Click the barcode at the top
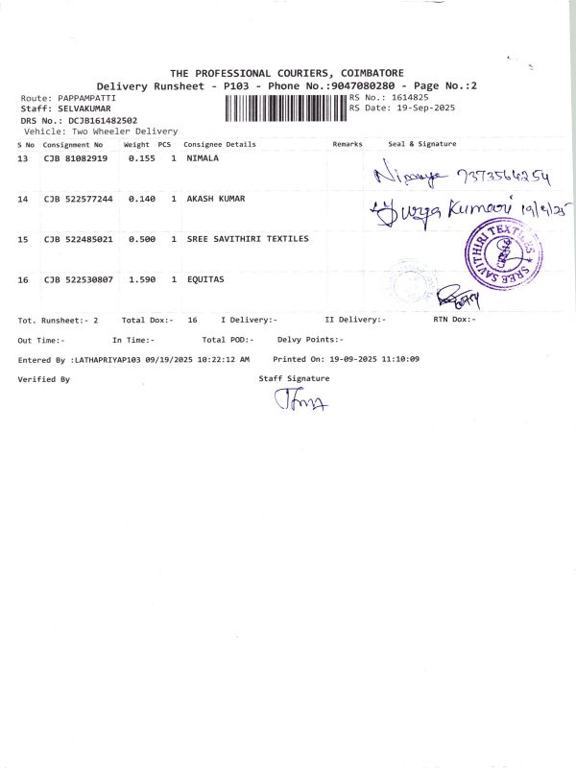(285, 106)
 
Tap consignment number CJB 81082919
(76, 157)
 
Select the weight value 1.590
(141, 279)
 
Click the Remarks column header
(348, 144)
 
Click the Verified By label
(44, 379)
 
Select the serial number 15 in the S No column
(23, 239)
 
